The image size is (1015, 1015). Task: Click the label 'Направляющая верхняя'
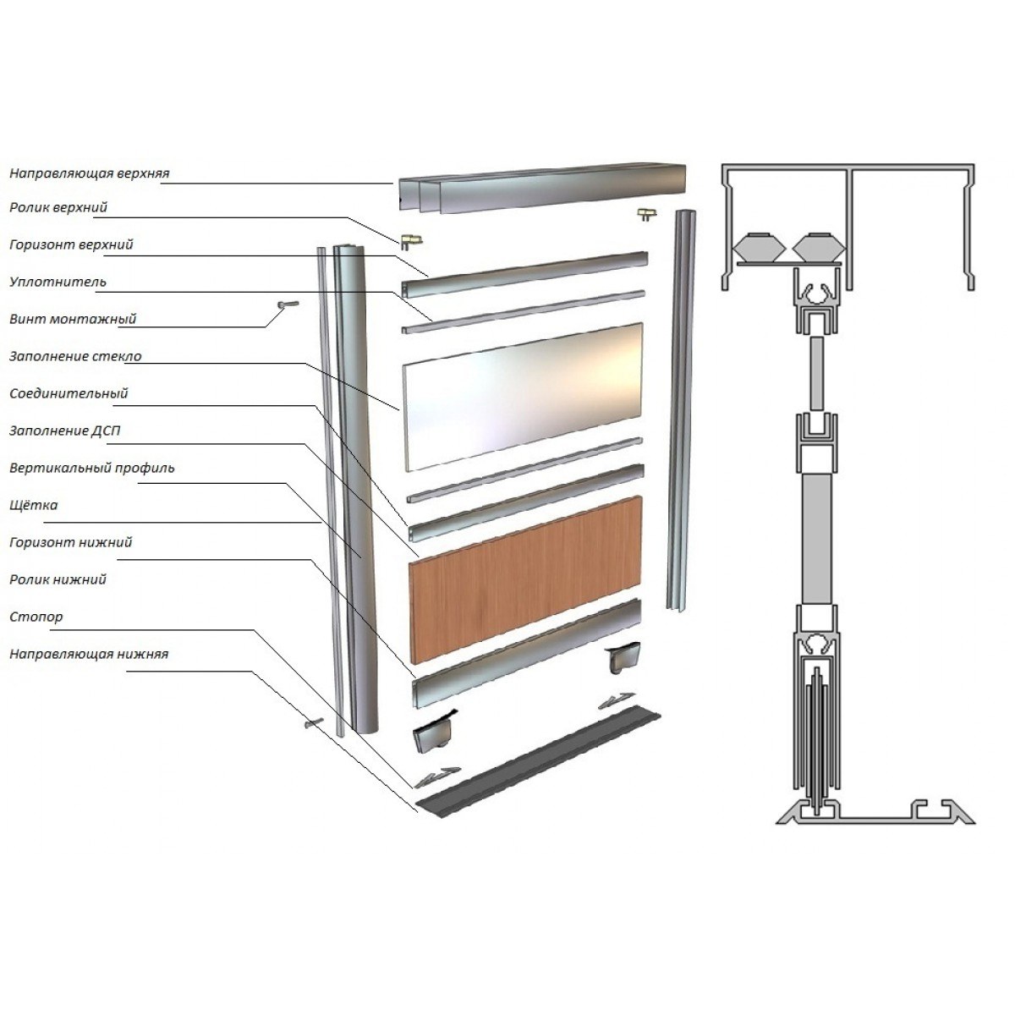point(90,173)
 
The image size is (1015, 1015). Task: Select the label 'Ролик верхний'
point(58,207)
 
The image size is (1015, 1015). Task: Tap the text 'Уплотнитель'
point(58,282)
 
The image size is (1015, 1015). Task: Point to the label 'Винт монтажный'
point(73,319)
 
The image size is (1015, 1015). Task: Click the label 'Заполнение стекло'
point(75,357)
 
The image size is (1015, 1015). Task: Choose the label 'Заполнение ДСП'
point(65,431)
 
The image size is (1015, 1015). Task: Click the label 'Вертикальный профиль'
point(91,469)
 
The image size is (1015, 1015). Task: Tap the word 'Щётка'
point(34,505)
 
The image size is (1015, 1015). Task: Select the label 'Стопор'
point(36,617)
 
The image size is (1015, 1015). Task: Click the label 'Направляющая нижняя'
point(89,654)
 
